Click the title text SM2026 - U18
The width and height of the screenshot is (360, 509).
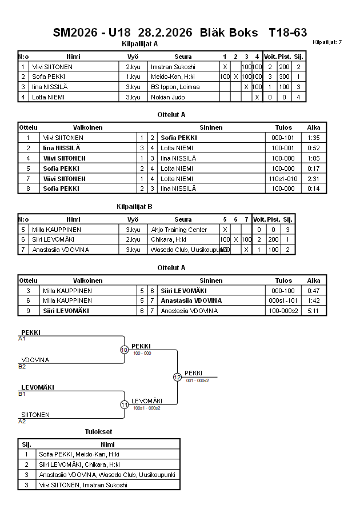click(x=92, y=33)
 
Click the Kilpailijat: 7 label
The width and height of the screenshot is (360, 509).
click(x=327, y=42)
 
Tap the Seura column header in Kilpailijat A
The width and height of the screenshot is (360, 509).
click(x=183, y=57)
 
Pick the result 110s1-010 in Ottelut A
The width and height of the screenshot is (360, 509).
click(x=283, y=178)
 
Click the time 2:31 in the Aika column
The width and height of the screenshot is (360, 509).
click(x=314, y=178)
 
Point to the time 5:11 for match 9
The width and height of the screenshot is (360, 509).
click(x=314, y=311)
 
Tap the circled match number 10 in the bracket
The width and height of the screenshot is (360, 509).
click(x=124, y=350)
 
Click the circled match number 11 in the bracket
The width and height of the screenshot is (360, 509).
click(x=124, y=404)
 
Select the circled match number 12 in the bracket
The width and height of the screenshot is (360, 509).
click(x=177, y=377)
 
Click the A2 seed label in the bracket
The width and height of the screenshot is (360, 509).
click(x=22, y=422)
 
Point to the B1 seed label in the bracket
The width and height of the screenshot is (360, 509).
click(x=22, y=394)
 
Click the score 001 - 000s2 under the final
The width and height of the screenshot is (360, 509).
click(x=197, y=380)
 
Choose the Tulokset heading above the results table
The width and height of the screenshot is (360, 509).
click(x=98, y=431)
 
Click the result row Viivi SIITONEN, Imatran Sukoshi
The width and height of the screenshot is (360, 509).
click(x=83, y=485)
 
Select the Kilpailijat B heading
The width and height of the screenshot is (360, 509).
click(x=134, y=206)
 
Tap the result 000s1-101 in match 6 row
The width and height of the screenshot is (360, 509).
click(x=283, y=300)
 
